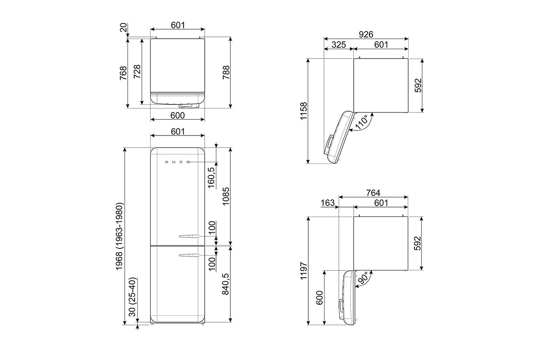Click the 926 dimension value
click(x=366, y=35)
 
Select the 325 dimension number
click(x=338, y=45)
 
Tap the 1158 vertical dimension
click(x=304, y=111)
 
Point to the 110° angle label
click(x=362, y=122)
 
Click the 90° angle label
click(x=363, y=278)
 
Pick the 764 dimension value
click(x=373, y=193)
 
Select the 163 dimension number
click(x=328, y=203)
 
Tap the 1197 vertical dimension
click(x=304, y=270)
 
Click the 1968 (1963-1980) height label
click(x=120, y=236)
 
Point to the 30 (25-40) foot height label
click(x=133, y=297)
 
